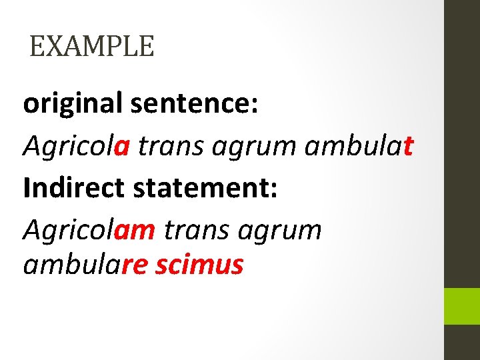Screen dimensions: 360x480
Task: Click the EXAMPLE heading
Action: point(92,47)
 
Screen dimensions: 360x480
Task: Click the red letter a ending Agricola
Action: point(121,147)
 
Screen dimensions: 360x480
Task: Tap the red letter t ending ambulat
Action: point(409,146)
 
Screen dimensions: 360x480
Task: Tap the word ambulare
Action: point(85,265)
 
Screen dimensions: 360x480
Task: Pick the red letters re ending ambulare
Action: point(136,265)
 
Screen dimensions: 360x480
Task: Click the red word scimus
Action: point(199,265)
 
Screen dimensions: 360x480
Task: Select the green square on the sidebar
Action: point(462,306)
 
